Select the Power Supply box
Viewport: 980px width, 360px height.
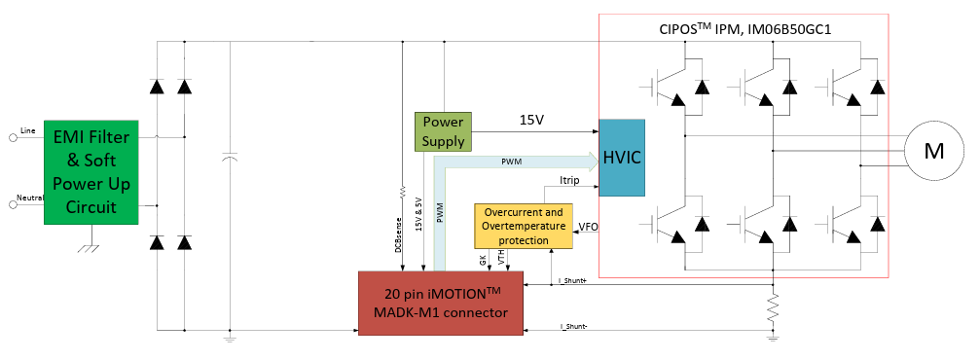click(443, 131)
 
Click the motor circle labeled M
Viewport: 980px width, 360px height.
click(932, 150)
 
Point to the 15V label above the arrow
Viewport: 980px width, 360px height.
click(531, 120)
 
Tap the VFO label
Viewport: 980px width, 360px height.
click(588, 228)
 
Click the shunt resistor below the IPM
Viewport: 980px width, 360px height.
click(773, 311)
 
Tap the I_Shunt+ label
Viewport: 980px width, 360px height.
click(571, 280)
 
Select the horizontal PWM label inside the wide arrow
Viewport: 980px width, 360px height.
click(510, 161)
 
